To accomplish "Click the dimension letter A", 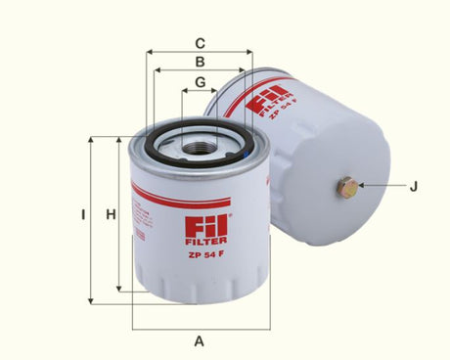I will tap(199, 341).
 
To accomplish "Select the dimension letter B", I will tap(199, 62).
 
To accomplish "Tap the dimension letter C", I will tap(199, 43).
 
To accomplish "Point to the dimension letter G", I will tap(199, 81).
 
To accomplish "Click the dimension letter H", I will tap(112, 214).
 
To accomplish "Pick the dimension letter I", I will tap(84, 214).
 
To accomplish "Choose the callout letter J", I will tap(413, 186).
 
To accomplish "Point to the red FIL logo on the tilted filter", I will tap(265, 102).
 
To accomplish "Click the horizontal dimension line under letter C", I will tap(199, 54).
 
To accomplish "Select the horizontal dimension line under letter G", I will tap(199, 91).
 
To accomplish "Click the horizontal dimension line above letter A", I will tap(199, 327).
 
